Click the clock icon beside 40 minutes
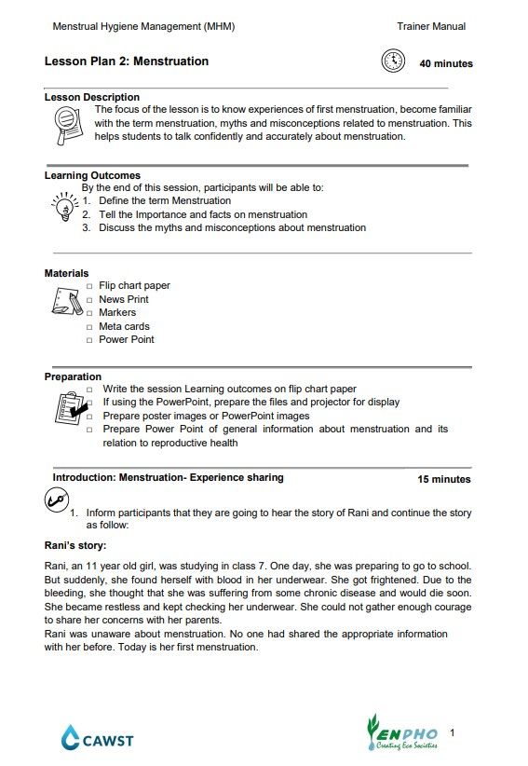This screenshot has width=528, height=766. [x=393, y=62]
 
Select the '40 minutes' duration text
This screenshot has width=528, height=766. [x=445, y=64]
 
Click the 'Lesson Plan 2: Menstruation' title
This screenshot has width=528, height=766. [x=127, y=62]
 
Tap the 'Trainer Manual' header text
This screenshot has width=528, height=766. [x=430, y=27]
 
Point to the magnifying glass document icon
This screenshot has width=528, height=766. [x=65, y=121]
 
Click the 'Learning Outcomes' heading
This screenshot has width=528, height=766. [x=92, y=175]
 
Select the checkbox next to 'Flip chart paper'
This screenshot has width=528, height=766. [x=89, y=287]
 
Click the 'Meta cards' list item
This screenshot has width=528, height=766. [x=124, y=327]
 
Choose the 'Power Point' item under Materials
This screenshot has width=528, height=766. [x=127, y=340]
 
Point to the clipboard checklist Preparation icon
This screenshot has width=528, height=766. [x=69, y=408]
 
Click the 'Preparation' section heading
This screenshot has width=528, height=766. [x=73, y=376]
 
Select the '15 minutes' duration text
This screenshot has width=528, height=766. [x=443, y=479]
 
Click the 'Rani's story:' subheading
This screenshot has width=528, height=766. [x=75, y=546]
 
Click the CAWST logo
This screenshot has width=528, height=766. [x=98, y=739]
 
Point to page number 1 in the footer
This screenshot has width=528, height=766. [x=453, y=733]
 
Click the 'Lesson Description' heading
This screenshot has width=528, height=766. [x=92, y=97]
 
